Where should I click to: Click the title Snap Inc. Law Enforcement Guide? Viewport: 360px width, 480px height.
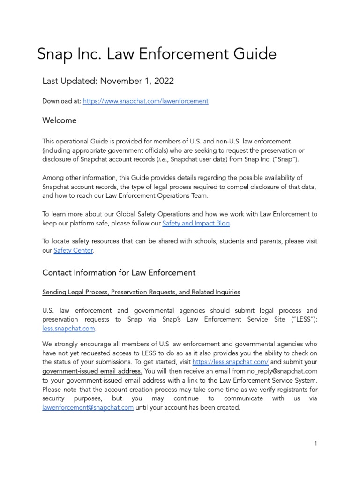point(157,54)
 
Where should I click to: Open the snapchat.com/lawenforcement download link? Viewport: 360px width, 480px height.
point(145,101)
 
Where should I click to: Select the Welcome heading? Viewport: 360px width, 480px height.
point(59,120)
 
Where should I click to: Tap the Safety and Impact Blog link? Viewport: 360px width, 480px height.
point(196,224)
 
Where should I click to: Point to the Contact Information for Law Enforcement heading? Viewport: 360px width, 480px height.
point(119,272)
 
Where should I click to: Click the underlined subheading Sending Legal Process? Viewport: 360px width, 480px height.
point(141,292)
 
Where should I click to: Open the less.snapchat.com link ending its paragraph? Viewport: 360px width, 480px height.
point(68,329)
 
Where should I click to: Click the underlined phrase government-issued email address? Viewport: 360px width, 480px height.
point(92,371)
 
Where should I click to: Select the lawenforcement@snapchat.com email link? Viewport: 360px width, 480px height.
point(88,407)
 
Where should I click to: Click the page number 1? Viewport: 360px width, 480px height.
point(316,443)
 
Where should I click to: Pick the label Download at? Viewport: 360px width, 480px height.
point(61,101)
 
